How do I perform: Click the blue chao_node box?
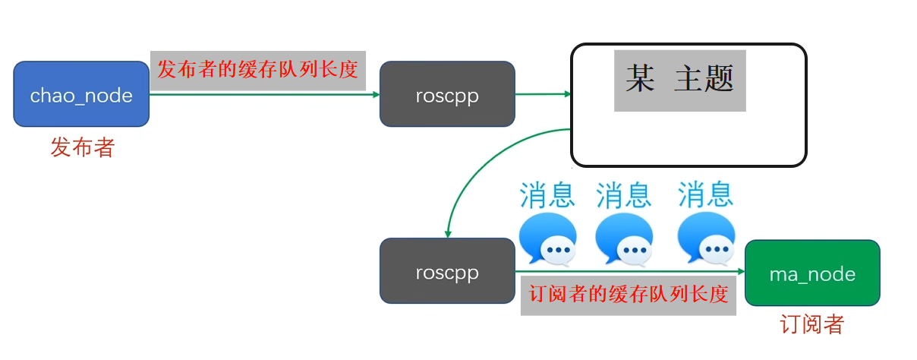point(81,94)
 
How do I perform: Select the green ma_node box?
point(812,273)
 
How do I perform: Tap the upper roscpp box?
point(447,94)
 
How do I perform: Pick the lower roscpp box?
point(447,271)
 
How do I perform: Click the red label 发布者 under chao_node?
point(82,147)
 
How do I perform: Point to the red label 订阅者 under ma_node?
point(812,325)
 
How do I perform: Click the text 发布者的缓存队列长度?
point(257,70)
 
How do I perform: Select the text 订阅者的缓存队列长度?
point(628,294)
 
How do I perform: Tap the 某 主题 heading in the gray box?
point(679,79)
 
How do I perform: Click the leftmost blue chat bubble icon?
point(547,238)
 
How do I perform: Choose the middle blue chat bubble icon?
point(623,238)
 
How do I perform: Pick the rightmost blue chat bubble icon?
point(705,238)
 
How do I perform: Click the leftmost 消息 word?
point(547,194)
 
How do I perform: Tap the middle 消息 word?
point(623,194)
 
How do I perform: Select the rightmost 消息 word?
point(705,194)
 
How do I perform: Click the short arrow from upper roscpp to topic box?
point(542,94)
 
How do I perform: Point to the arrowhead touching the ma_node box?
point(740,271)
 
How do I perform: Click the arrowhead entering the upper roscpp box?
point(375,94)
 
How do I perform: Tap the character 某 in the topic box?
point(639,79)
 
